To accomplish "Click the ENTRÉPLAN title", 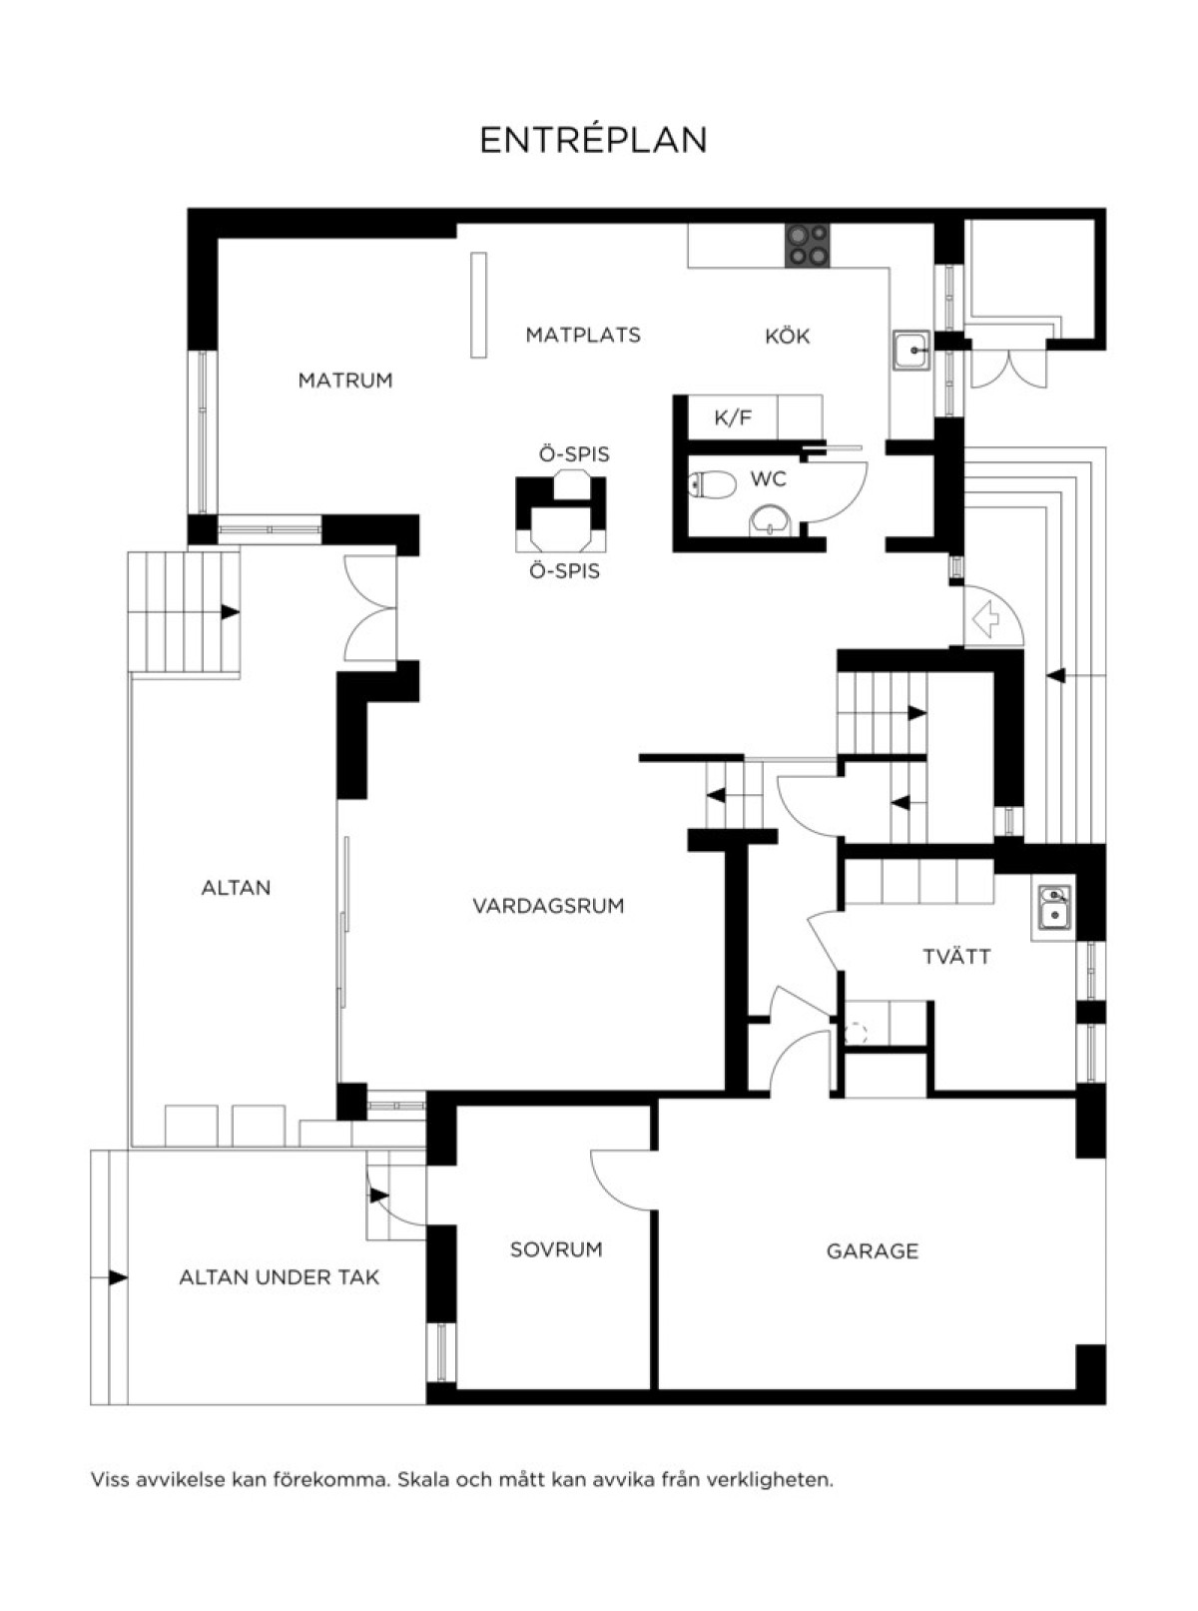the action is (x=593, y=139).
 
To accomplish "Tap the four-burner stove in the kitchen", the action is (x=807, y=245).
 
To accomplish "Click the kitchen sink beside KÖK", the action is (x=911, y=351).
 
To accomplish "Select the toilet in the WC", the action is (x=713, y=484).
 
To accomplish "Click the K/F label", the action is (x=734, y=417).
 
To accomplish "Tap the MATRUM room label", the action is (x=344, y=380).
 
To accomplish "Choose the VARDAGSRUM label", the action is (x=548, y=906).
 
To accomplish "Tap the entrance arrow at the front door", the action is (x=985, y=619).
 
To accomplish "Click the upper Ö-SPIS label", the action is (x=574, y=454).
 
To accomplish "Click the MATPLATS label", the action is (x=583, y=335).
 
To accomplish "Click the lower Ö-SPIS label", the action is (x=564, y=571).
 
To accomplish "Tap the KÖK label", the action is (x=787, y=336).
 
